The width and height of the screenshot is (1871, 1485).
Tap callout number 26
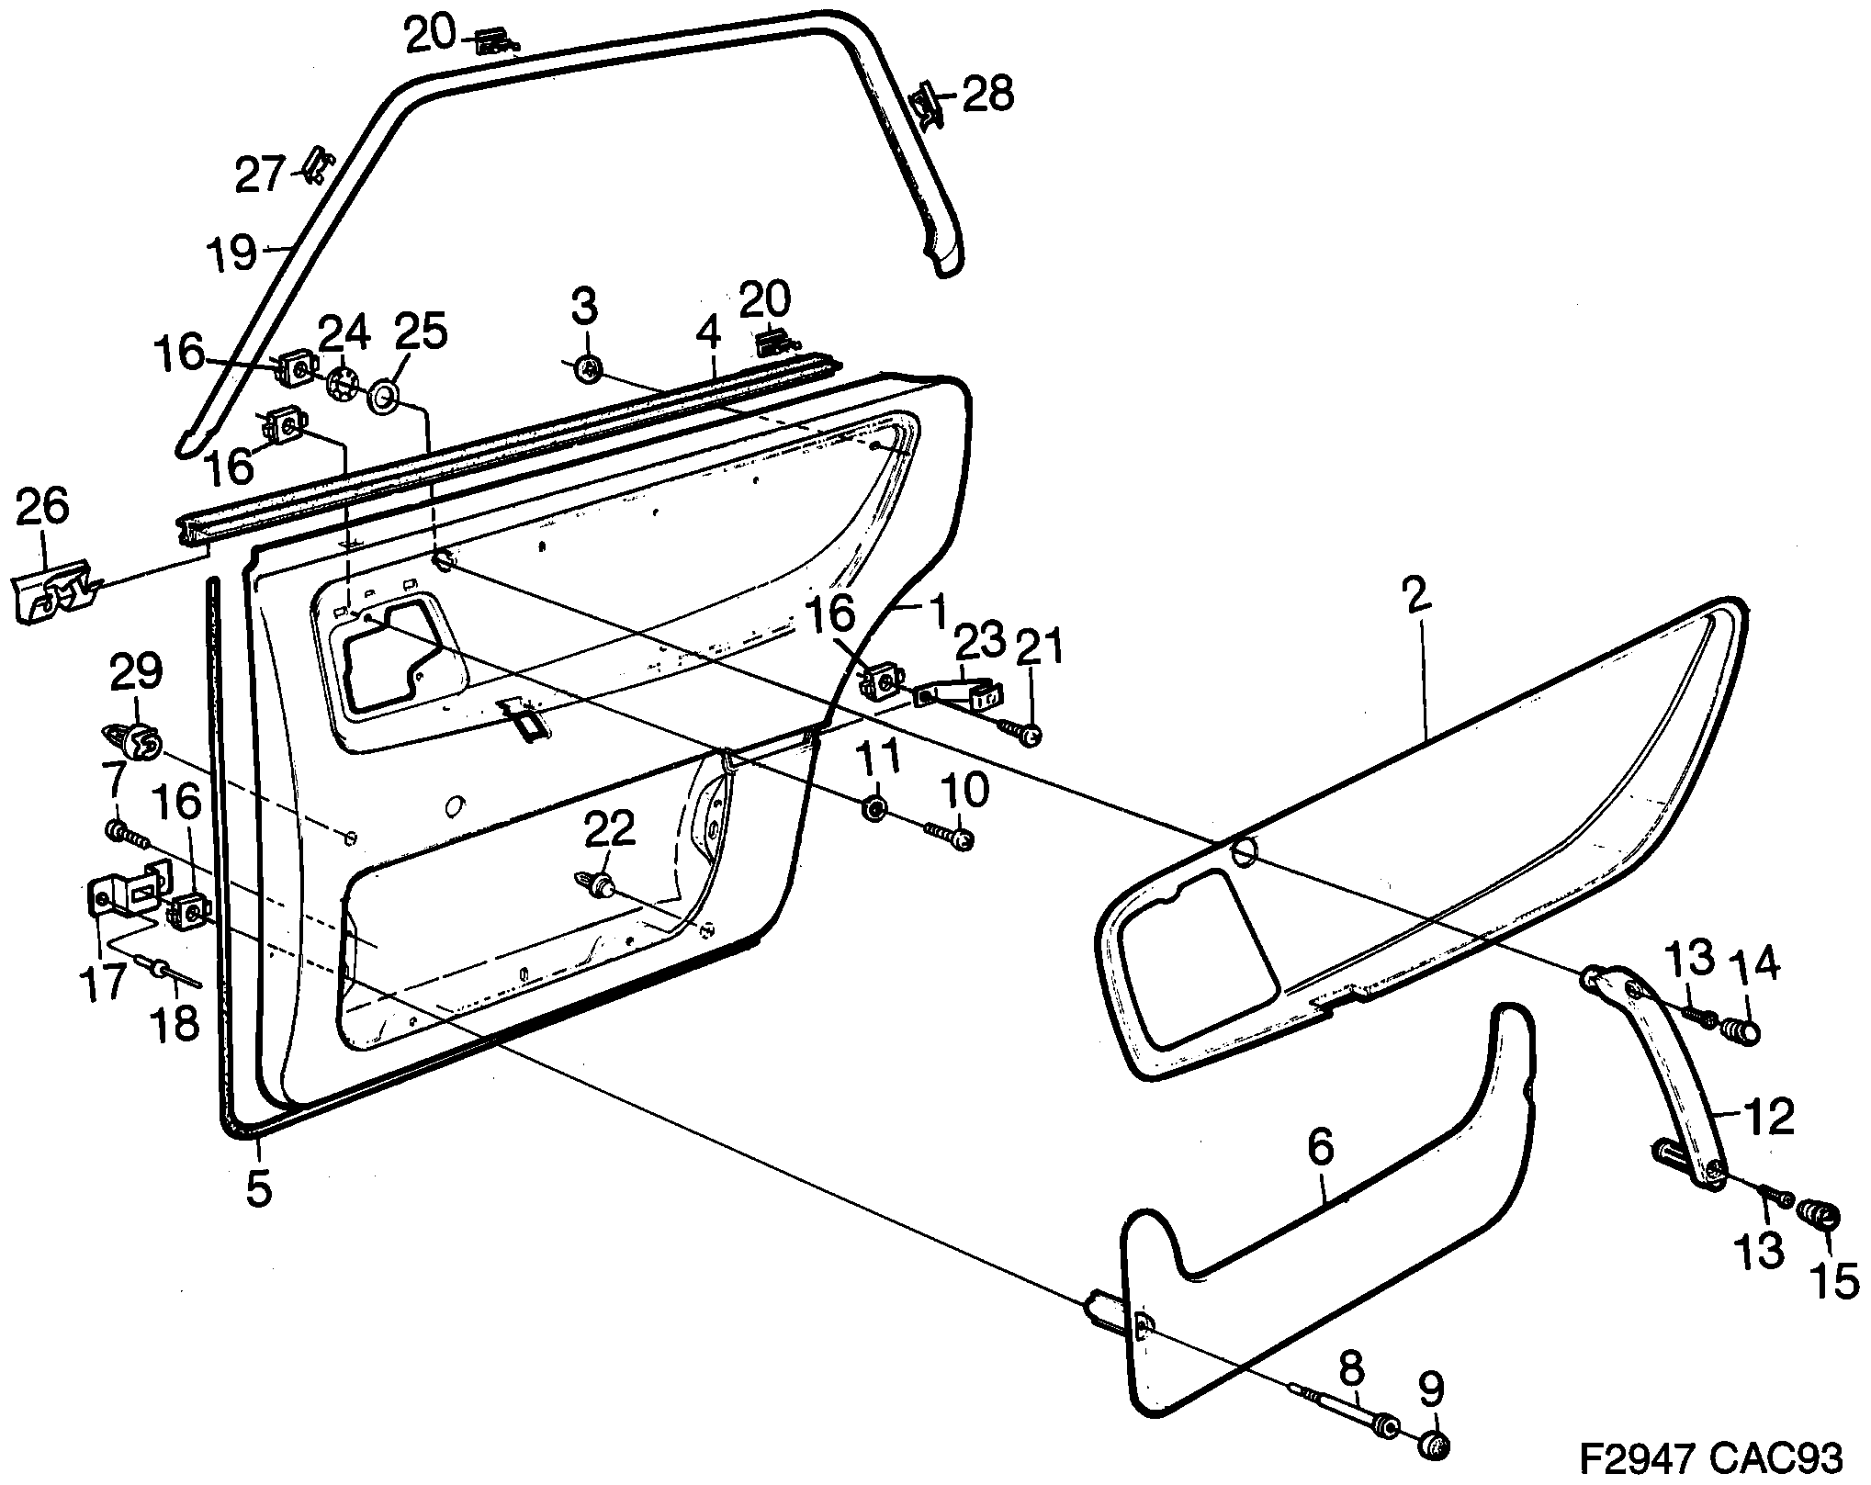pos(42,507)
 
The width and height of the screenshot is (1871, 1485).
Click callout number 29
pos(136,672)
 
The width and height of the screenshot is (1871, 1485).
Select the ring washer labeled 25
pos(383,398)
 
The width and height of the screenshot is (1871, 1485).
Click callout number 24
pos(343,332)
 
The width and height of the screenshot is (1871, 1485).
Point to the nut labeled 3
pos(585,370)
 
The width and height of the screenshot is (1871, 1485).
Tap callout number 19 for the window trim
pos(231,253)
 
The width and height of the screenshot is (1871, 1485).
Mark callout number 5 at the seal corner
pos(258,1189)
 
